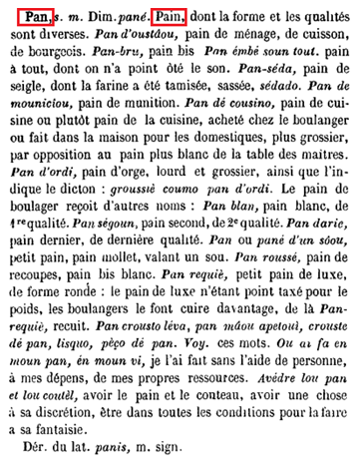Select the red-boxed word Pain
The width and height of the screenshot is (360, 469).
coord(171,17)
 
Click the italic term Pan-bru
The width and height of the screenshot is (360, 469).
coord(116,59)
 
